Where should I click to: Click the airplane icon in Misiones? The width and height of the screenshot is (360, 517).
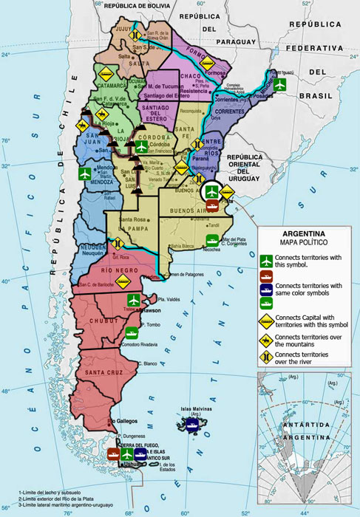(279, 85)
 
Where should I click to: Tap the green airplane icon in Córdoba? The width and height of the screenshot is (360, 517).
(141, 146)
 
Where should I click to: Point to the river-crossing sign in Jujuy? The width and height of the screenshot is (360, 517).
(135, 35)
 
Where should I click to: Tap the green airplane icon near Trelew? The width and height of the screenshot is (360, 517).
(134, 300)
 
